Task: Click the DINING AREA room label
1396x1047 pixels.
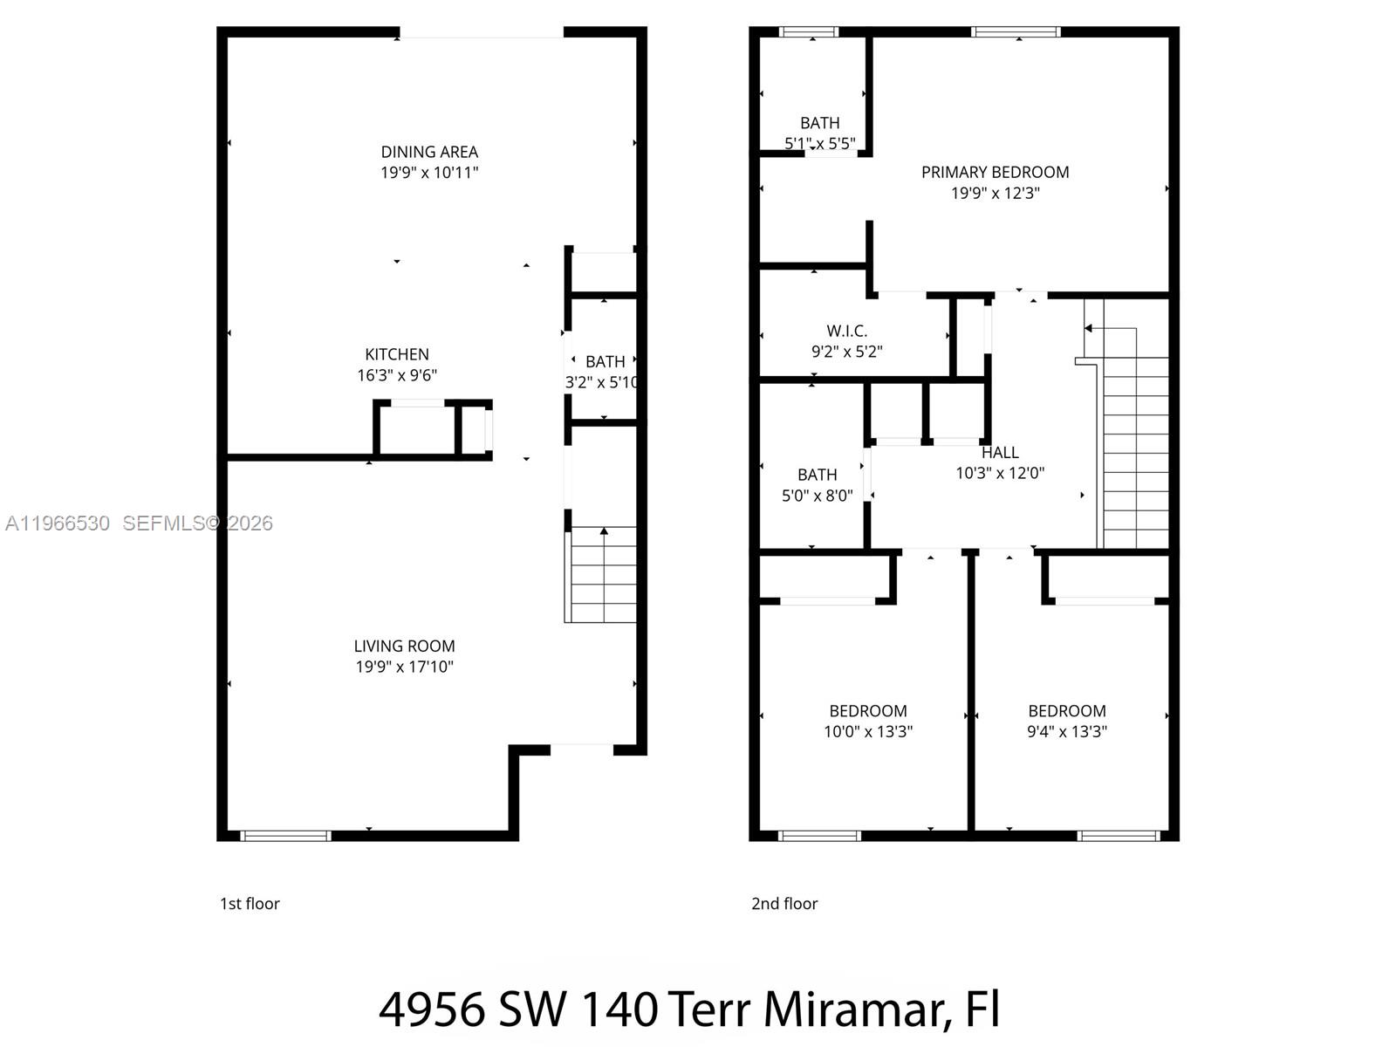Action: [429, 152]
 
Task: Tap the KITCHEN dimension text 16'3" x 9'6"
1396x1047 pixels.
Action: [397, 375]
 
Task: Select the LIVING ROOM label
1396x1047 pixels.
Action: [404, 646]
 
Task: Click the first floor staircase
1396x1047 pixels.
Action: [601, 575]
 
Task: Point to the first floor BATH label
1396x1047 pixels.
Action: [605, 361]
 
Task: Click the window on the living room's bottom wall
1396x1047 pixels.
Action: [285, 836]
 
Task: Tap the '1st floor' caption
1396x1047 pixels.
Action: [250, 904]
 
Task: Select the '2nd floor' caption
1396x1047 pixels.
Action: [784, 904]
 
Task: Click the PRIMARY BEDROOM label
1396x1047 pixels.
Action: [995, 172]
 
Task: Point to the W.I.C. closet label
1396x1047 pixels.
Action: [846, 331]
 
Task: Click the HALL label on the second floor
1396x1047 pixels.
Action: [1000, 452]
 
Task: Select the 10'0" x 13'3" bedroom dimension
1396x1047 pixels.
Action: [868, 731]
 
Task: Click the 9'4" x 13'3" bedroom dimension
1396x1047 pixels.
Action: [1066, 731]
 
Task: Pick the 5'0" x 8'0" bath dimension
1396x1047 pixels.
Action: [817, 496]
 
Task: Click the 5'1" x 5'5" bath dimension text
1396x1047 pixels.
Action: [819, 143]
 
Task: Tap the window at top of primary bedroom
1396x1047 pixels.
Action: [1016, 32]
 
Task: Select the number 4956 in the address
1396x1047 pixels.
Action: [432, 1009]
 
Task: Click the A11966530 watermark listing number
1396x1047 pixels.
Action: [58, 523]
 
